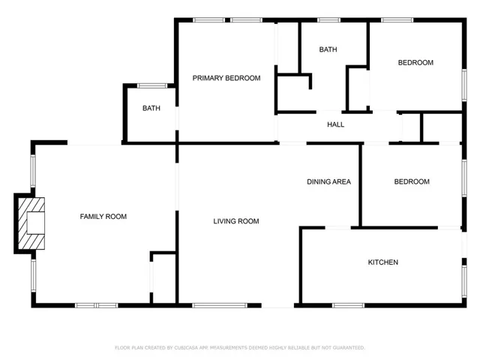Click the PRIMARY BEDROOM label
226,78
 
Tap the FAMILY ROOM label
103,217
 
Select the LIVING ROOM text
236,221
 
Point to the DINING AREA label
328,181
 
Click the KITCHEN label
383,262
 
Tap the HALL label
335,124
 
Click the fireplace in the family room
31,223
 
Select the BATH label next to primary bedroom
151,108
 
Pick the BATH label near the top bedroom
328,49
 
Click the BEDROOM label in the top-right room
415,62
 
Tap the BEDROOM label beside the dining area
412,181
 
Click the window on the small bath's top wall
152,85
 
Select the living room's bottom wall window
220,305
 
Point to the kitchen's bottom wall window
348,305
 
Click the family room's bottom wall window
97,305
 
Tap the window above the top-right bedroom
397,20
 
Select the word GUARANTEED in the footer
349,348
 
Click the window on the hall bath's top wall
328,20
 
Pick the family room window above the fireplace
33,171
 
